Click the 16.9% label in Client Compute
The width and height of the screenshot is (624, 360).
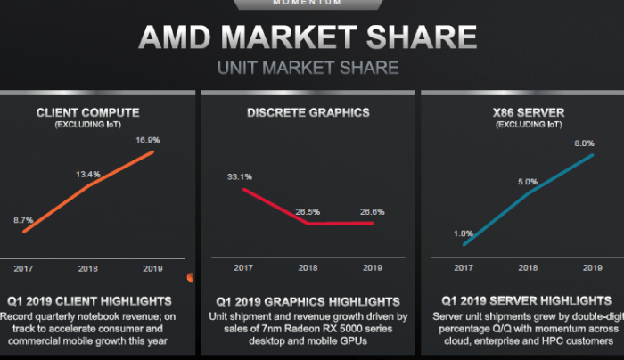pyautogui.click(x=147, y=140)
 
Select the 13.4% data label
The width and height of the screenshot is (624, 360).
pyautogui.click(x=86, y=175)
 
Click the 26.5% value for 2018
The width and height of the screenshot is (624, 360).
pyautogui.click(x=308, y=211)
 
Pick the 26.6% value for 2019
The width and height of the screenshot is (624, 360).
pyautogui.click(x=373, y=211)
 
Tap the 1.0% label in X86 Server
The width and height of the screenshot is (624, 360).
pyautogui.click(x=463, y=233)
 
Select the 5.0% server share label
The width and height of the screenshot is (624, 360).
pyautogui.click(x=527, y=181)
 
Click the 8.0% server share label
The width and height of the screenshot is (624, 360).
pyautogui.click(x=586, y=143)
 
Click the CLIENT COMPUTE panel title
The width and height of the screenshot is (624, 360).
pyautogui.click(x=87, y=113)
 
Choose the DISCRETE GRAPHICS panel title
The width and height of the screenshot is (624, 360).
pyautogui.click(x=308, y=113)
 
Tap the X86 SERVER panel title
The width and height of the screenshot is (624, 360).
pyautogui.click(x=527, y=113)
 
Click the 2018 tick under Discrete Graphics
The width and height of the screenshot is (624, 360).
pyautogui.click(x=308, y=267)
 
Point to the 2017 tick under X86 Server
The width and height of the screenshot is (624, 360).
pyautogui.click(x=463, y=267)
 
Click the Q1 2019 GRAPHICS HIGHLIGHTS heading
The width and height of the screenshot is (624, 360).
pyautogui.click(x=308, y=302)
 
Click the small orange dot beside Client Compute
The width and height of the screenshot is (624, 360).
pyautogui.click(x=190, y=278)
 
